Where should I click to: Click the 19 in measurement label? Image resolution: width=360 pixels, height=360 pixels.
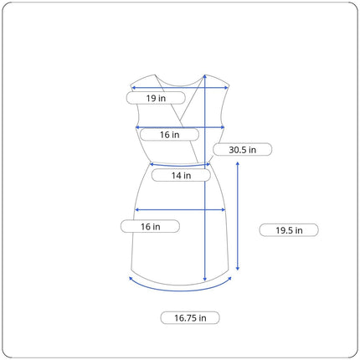pos(156,98)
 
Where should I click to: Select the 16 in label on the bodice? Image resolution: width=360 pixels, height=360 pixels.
pos(169,135)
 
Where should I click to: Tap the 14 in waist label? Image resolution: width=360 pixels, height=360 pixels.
pos(181,176)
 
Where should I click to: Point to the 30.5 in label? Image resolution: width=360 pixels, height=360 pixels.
pos(242,150)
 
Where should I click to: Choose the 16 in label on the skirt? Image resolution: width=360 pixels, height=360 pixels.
pos(150,226)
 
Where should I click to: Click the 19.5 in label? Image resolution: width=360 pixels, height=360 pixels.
pos(289,230)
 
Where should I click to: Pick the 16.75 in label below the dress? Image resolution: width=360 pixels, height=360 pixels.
pos(190,318)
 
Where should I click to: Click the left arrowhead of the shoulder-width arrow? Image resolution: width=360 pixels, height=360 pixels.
pos(133,88)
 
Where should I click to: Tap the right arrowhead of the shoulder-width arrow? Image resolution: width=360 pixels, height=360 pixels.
pos(226,88)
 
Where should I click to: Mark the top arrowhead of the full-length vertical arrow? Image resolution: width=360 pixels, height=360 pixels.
pos(205,76)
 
